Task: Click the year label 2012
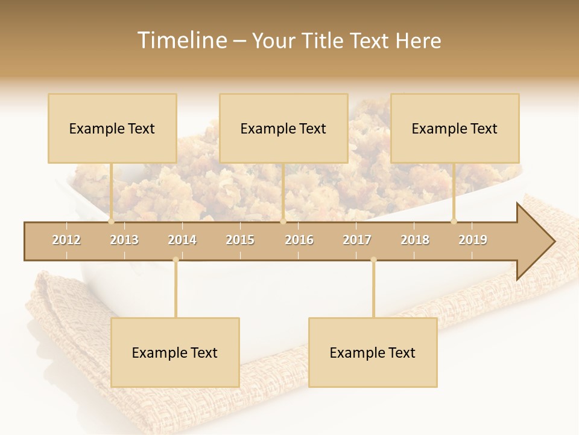click(x=66, y=240)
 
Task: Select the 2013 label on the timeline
click(x=124, y=240)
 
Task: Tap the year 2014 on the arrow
click(x=182, y=240)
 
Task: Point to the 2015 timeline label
click(x=240, y=240)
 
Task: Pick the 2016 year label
click(x=299, y=240)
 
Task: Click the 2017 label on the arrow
click(x=357, y=240)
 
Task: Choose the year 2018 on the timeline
click(x=415, y=240)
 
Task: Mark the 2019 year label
click(x=473, y=240)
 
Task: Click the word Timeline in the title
click(x=181, y=40)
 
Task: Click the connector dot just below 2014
click(x=176, y=260)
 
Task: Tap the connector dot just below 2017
click(x=373, y=260)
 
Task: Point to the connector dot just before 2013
click(x=111, y=221)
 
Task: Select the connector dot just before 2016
click(x=283, y=221)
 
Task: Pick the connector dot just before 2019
click(x=454, y=221)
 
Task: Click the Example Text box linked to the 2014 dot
click(x=175, y=352)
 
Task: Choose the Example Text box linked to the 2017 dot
click(x=373, y=352)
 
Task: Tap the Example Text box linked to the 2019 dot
click(x=455, y=128)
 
